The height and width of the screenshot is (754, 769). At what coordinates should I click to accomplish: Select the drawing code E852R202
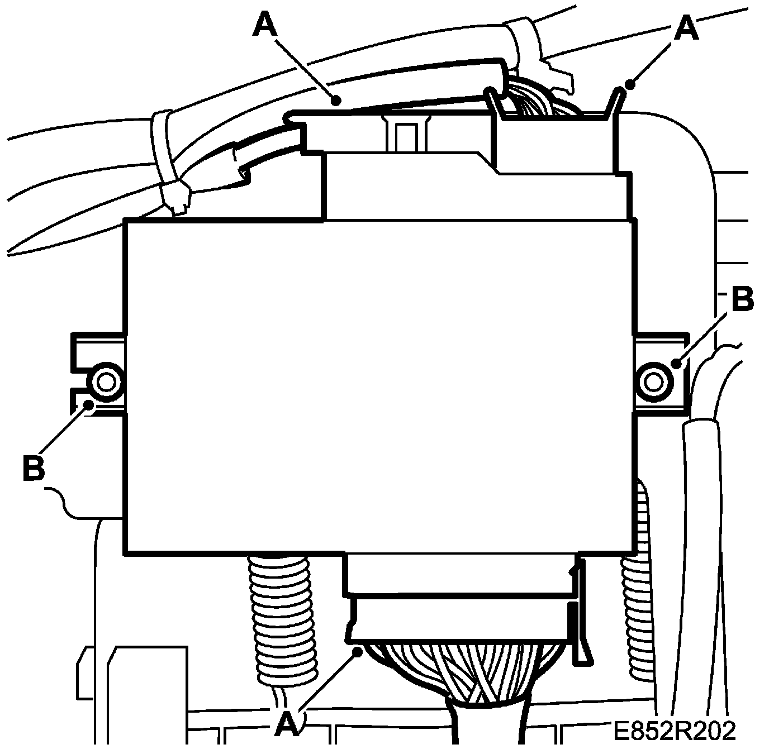tap(675, 731)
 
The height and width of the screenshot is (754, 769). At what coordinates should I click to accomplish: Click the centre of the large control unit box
tap(380, 385)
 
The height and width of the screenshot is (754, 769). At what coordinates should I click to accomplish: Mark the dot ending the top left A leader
tap(336, 101)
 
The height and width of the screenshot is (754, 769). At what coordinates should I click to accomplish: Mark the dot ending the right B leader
tap(677, 364)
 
